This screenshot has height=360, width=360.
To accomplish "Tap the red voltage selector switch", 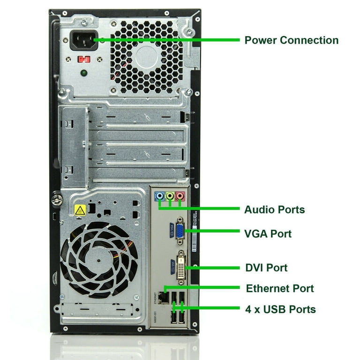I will click(84, 60).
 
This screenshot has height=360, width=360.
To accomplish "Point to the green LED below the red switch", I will click(83, 73).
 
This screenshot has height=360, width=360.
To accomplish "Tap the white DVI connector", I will click(181, 265).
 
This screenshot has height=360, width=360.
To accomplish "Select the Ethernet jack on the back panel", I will click(163, 296).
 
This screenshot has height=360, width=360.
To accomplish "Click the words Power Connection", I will click(291, 40).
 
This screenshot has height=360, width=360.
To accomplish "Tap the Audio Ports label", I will click(274, 210).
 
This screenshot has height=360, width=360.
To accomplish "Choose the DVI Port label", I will click(266, 268).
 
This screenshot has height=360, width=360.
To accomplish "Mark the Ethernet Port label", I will click(279, 288).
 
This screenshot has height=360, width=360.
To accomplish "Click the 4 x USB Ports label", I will click(280, 309).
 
